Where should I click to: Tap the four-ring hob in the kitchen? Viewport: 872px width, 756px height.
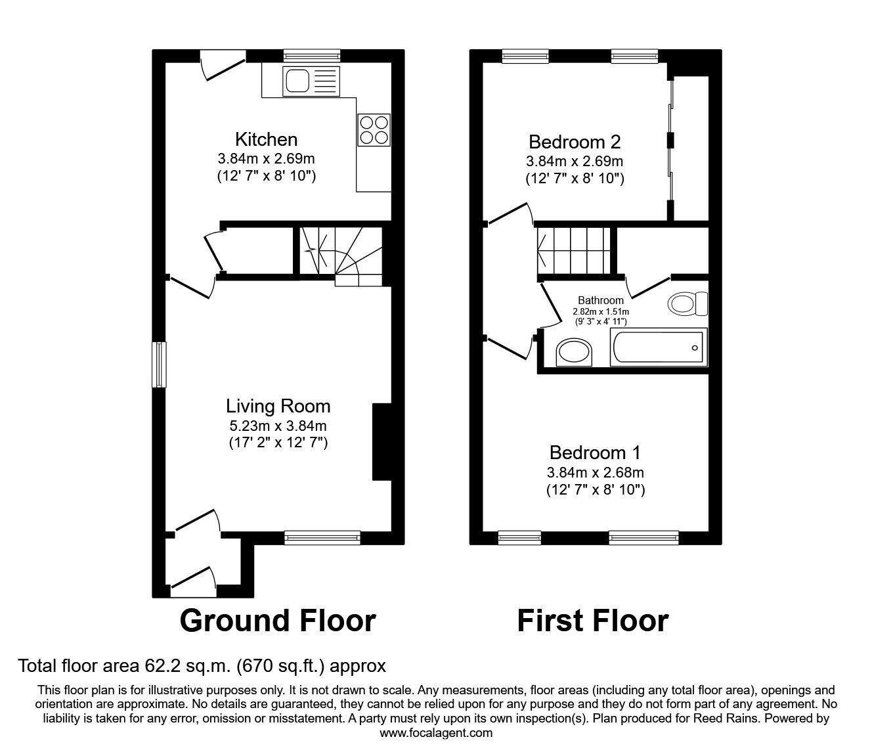(x=374, y=129)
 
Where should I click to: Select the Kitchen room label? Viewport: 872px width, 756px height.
(x=266, y=139)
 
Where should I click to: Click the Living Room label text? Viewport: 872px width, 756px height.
(x=278, y=406)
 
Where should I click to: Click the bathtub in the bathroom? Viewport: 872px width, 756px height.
(x=658, y=348)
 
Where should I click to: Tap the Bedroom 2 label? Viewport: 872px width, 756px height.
(x=575, y=142)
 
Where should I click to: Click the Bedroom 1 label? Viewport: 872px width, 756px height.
(x=595, y=453)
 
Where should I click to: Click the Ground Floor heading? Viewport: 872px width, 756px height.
(x=277, y=621)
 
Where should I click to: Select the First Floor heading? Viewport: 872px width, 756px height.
(x=592, y=621)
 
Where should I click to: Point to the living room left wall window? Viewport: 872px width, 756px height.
(x=159, y=365)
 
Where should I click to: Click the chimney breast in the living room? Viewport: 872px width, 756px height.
(x=381, y=442)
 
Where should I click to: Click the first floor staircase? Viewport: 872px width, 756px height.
(x=574, y=251)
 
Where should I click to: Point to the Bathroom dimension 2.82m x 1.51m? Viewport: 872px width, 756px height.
(x=601, y=311)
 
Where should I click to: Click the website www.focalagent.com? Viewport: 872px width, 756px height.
(x=436, y=733)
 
